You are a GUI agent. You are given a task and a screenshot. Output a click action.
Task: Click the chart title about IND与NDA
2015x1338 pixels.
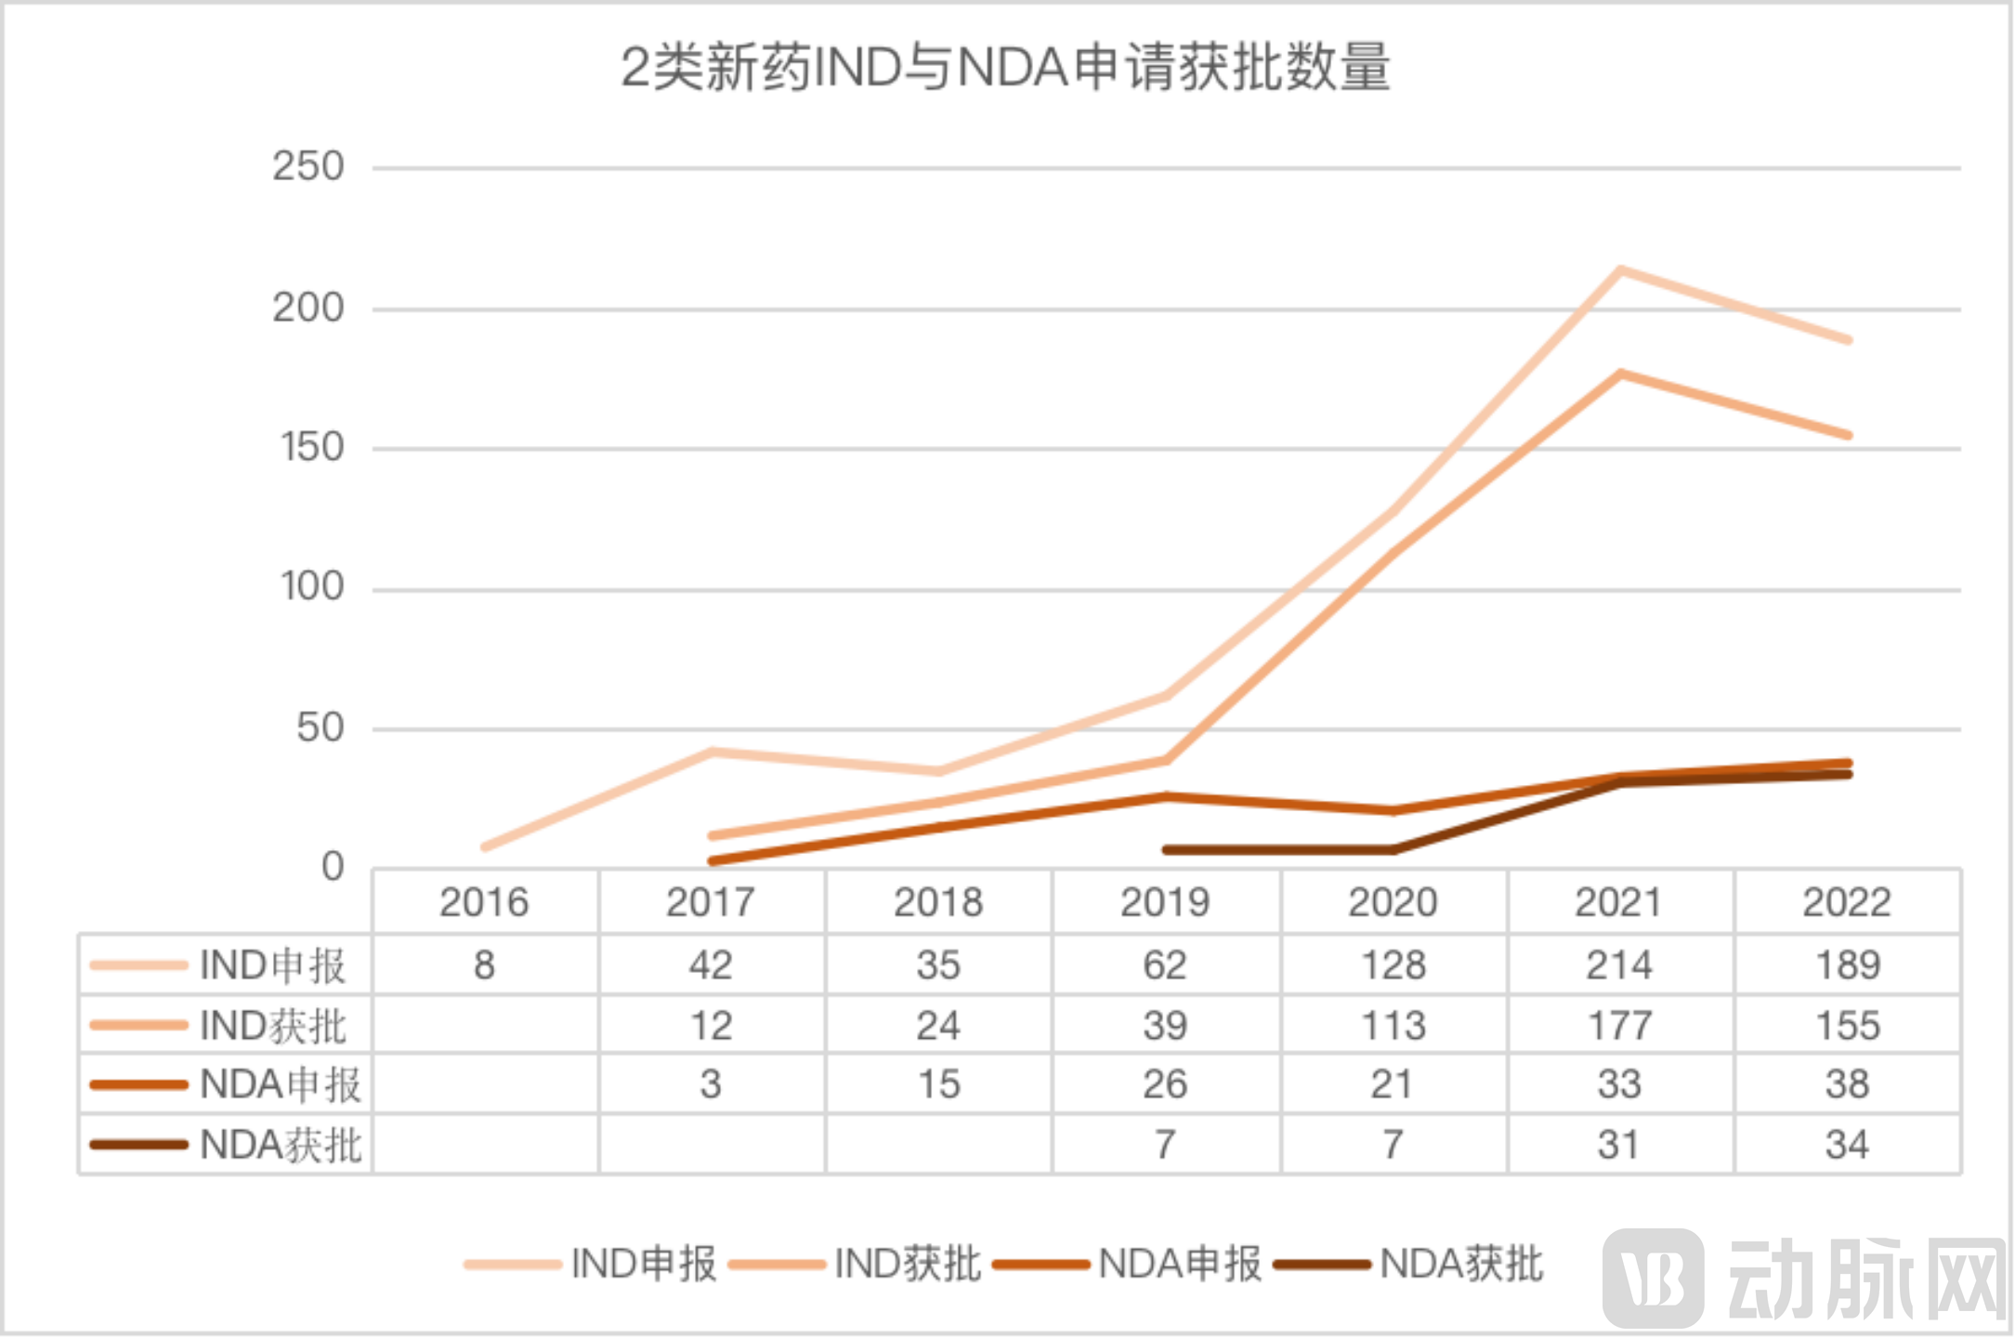(1005, 68)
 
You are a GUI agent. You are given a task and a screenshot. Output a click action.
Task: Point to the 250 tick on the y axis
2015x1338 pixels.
(307, 167)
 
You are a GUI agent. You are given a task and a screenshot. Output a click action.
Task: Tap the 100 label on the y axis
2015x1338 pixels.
(312, 587)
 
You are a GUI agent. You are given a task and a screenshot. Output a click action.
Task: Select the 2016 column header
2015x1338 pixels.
(484, 902)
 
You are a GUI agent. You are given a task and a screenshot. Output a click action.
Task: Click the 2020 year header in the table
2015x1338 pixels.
(1393, 902)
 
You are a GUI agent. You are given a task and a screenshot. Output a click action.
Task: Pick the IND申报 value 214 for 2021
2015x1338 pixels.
(1619, 964)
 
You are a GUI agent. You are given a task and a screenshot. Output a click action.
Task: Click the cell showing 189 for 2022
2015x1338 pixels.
(1848, 964)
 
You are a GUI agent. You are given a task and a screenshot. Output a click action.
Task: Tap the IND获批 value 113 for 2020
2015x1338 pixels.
(1393, 1026)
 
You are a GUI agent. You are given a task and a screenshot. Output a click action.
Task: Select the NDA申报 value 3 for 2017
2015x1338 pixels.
(711, 1084)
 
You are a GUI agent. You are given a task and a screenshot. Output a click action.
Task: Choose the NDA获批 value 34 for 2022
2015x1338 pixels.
(1847, 1145)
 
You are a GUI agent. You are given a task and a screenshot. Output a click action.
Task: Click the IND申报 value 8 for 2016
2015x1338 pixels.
(484, 964)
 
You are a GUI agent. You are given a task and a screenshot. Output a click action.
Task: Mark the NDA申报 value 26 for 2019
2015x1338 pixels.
(1165, 1084)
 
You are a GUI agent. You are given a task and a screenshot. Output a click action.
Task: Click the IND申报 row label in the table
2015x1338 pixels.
(272, 965)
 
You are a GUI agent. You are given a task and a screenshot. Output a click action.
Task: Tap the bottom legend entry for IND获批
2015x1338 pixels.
(907, 1265)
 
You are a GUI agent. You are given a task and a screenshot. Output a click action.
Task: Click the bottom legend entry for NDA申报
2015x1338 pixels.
(1179, 1265)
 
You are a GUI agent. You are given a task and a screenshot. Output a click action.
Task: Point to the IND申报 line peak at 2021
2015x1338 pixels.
(1619, 270)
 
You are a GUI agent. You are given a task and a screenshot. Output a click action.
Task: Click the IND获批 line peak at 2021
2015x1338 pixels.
(1619, 374)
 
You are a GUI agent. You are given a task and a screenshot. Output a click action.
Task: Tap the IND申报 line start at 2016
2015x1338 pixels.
(485, 846)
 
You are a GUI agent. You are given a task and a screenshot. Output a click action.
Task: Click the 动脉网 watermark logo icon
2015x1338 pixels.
(1653, 1279)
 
